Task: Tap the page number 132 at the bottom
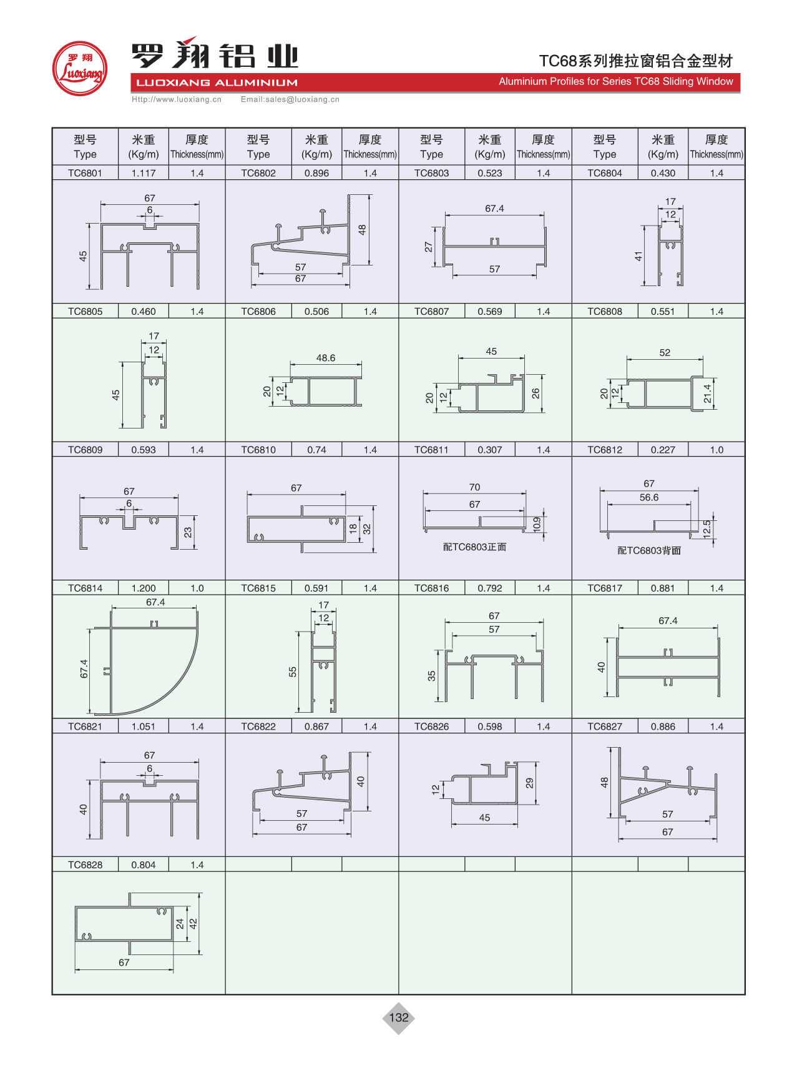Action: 398,1017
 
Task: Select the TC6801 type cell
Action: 85,173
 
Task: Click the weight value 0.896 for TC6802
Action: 316,173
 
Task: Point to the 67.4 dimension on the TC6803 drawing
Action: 494,209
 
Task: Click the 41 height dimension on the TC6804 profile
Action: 638,256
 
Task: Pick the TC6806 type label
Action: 258,311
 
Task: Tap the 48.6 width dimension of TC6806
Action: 325,358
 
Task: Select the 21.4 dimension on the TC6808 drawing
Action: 707,394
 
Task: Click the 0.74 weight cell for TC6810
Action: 316,450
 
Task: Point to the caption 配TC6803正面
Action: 474,547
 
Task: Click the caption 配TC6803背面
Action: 648,550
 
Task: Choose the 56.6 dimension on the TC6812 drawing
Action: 648,498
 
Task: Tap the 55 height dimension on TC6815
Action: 293,672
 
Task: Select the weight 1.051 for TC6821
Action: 143,726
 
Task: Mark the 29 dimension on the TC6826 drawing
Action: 529,783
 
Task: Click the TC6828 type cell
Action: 85,865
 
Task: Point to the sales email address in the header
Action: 290,99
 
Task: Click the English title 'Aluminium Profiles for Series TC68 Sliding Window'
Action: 615,82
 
